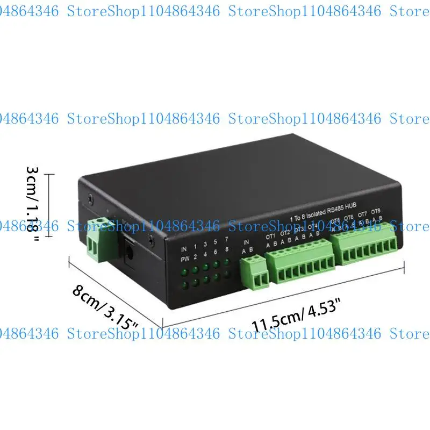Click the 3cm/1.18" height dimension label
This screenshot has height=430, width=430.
tap(33, 204)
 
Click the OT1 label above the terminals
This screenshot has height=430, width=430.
tap(270, 236)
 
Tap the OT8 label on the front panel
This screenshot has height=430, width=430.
tap(376, 211)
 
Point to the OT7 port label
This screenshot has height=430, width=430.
tap(362, 214)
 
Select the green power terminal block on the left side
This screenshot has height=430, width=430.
tap(98, 240)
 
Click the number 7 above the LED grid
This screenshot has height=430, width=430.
tap(226, 239)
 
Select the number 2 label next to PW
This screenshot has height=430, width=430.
tap(195, 256)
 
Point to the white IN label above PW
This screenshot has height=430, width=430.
tap(184, 249)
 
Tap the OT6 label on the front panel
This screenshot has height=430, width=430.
tap(349, 217)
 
